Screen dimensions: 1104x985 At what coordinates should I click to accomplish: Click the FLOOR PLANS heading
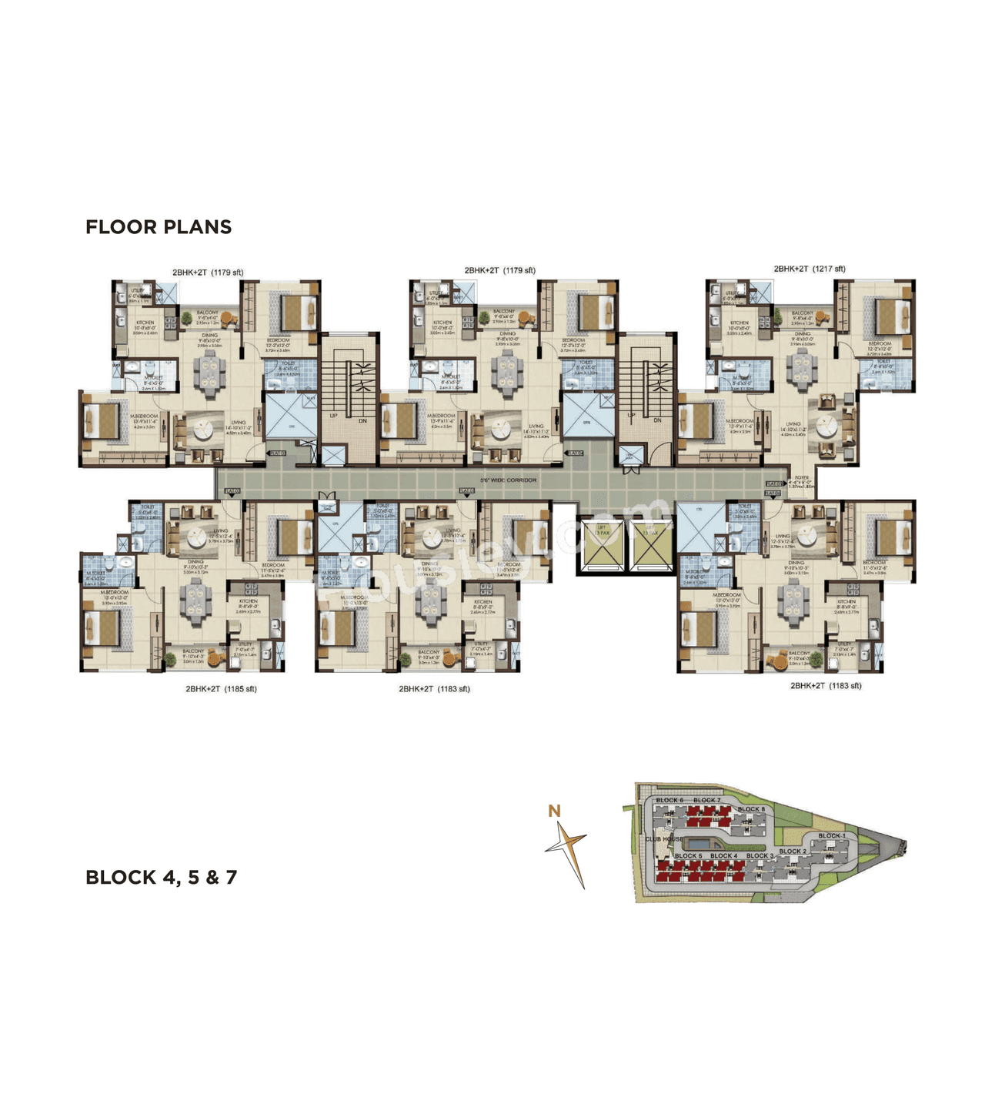(x=159, y=227)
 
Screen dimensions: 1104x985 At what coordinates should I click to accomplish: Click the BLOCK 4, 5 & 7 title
(x=161, y=877)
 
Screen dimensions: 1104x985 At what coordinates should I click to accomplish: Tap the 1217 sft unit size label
(x=810, y=269)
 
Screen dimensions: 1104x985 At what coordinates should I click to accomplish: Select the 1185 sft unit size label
(x=221, y=689)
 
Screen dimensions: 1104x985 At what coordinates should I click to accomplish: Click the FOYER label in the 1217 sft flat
(x=802, y=478)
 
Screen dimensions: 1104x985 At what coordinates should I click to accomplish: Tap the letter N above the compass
(x=554, y=811)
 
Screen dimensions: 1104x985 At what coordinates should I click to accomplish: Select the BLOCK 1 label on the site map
(x=831, y=835)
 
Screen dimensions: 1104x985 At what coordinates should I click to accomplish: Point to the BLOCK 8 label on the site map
(x=751, y=809)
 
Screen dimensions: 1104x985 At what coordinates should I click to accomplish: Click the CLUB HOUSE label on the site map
(x=663, y=839)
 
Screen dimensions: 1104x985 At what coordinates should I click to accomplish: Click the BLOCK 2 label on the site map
(x=793, y=851)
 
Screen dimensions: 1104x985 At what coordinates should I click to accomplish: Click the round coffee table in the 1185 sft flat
(x=199, y=536)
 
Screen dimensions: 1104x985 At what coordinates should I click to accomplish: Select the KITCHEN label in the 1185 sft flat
(x=248, y=601)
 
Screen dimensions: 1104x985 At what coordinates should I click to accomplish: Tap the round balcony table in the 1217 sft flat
(x=823, y=317)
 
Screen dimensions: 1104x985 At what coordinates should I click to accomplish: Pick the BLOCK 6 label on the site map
(x=668, y=801)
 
